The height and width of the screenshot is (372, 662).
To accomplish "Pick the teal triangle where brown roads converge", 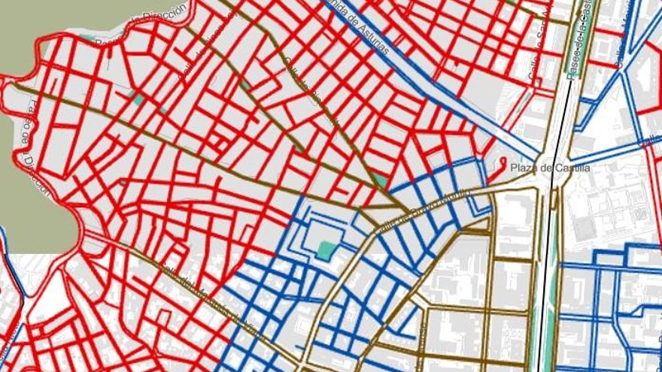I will click(x=381, y=181).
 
